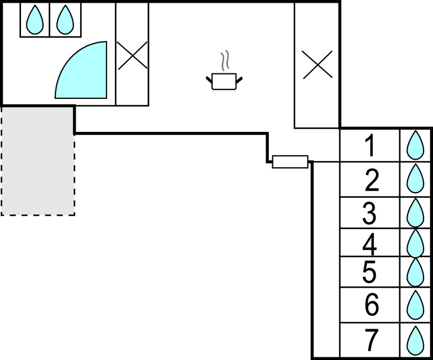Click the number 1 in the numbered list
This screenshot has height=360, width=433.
coord(370,146)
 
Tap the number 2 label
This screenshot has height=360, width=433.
coord(372,180)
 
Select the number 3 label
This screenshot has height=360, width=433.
coord(369,213)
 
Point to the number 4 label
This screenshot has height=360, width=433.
coord(370,242)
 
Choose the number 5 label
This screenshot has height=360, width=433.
coord(370,272)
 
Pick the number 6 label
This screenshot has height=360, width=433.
coord(372,304)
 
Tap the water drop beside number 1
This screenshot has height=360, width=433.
coord(414,145)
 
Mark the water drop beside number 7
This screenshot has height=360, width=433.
coord(414,340)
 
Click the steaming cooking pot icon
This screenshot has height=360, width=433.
coord(224,77)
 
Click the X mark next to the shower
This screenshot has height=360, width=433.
coord(132,56)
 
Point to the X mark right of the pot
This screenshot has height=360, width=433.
coord(317,64)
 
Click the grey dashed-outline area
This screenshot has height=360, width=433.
coord(38,160)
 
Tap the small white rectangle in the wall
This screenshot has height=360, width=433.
coord(290,161)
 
